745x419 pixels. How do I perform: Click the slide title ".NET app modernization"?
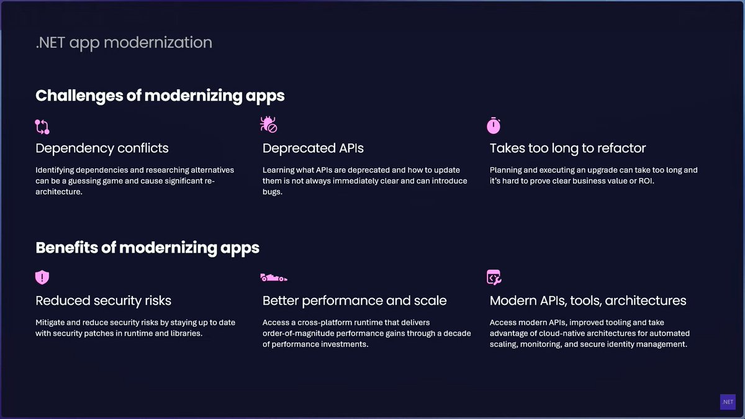[x=124, y=42]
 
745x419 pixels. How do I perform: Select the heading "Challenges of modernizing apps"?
[x=160, y=96]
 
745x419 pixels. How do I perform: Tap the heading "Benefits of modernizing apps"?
[x=147, y=248]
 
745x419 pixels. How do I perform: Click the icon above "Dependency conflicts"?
[x=42, y=127]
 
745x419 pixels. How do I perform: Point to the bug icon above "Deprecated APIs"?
[x=268, y=125]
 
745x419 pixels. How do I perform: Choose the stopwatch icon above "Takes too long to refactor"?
[x=494, y=125]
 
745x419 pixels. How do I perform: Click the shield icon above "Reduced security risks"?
[x=42, y=277]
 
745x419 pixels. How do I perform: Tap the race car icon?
[x=274, y=277]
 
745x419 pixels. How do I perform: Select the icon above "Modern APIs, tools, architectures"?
[x=494, y=277]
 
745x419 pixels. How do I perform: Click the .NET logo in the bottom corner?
[x=728, y=402]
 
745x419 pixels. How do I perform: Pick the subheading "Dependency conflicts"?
[x=102, y=148]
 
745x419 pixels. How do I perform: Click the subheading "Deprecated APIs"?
[x=313, y=148]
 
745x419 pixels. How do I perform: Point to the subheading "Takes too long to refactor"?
[x=567, y=148]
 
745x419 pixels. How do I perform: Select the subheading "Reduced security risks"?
[x=103, y=301]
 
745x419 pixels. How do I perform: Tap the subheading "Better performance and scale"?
[x=354, y=301]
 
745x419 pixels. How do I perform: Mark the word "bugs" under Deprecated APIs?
[x=272, y=192]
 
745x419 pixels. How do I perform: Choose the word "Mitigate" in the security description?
[x=50, y=323]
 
